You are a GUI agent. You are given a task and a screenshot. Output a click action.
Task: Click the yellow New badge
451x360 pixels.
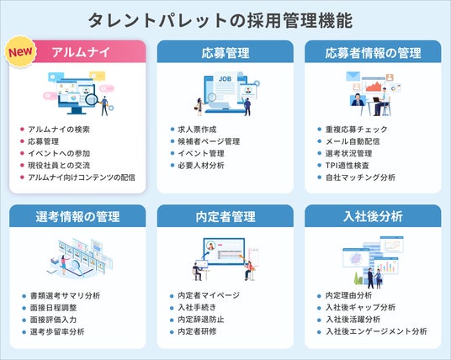tap(20, 52)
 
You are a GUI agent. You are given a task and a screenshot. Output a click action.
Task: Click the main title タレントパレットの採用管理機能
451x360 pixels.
tap(220, 20)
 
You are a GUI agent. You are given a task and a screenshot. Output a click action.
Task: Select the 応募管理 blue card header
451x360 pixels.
tap(225, 53)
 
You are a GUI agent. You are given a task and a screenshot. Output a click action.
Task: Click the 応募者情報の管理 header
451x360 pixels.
tap(373, 53)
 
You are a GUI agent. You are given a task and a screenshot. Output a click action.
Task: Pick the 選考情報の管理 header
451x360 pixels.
tap(77, 216)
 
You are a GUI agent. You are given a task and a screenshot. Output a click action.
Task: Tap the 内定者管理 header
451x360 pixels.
tap(225, 216)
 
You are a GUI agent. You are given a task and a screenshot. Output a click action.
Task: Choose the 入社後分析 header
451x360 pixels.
tap(373, 216)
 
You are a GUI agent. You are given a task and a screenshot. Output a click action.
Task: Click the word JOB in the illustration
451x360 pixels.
tap(225, 79)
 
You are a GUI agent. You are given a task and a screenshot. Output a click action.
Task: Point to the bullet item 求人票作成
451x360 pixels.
tap(197, 130)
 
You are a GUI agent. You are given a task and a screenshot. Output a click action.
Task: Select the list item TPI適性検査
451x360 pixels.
tap(348, 166)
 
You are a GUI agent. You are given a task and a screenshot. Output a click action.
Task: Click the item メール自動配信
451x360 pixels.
tap(353, 141)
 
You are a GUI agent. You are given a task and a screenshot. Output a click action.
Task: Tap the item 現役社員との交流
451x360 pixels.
tap(59, 166)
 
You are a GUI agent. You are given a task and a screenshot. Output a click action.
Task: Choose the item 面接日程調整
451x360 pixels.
tap(54, 308)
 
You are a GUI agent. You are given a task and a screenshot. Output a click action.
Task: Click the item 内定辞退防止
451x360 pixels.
tap(201, 320)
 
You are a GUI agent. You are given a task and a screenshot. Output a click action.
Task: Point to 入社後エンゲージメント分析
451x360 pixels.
tap(376, 331)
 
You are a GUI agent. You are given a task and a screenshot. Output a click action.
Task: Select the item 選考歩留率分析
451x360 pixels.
tap(57, 331)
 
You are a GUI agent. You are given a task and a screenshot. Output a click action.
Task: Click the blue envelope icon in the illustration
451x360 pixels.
tap(353, 77)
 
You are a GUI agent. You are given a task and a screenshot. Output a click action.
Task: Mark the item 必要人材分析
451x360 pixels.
tap(201, 166)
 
